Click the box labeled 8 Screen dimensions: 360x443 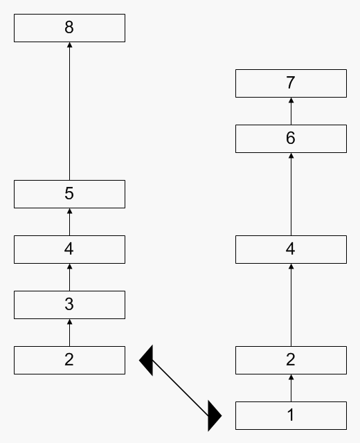(69, 28)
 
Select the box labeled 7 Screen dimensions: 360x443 (291, 83)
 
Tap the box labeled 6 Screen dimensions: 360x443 (291, 138)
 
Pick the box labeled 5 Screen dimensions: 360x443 (69, 194)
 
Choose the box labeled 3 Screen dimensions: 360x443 (69, 305)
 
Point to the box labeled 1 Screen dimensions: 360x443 (291, 415)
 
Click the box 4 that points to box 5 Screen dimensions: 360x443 (69, 249)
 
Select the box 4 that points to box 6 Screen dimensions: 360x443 (291, 249)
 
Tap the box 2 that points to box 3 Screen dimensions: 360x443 (69, 360)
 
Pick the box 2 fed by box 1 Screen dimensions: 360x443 (291, 360)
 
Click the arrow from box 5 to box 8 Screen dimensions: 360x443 (69, 111)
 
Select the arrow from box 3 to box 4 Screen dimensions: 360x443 (69, 277)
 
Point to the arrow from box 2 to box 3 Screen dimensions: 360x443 (69, 332)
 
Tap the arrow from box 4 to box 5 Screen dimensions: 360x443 (69, 221)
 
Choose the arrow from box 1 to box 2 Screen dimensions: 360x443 (291, 388)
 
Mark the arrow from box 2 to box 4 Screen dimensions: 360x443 (291, 305)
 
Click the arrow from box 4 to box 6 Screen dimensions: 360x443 (291, 194)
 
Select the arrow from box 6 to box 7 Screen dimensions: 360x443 (291, 111)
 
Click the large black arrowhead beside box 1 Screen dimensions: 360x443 (214, 415)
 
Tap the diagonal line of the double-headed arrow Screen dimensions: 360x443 (180, 388)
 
